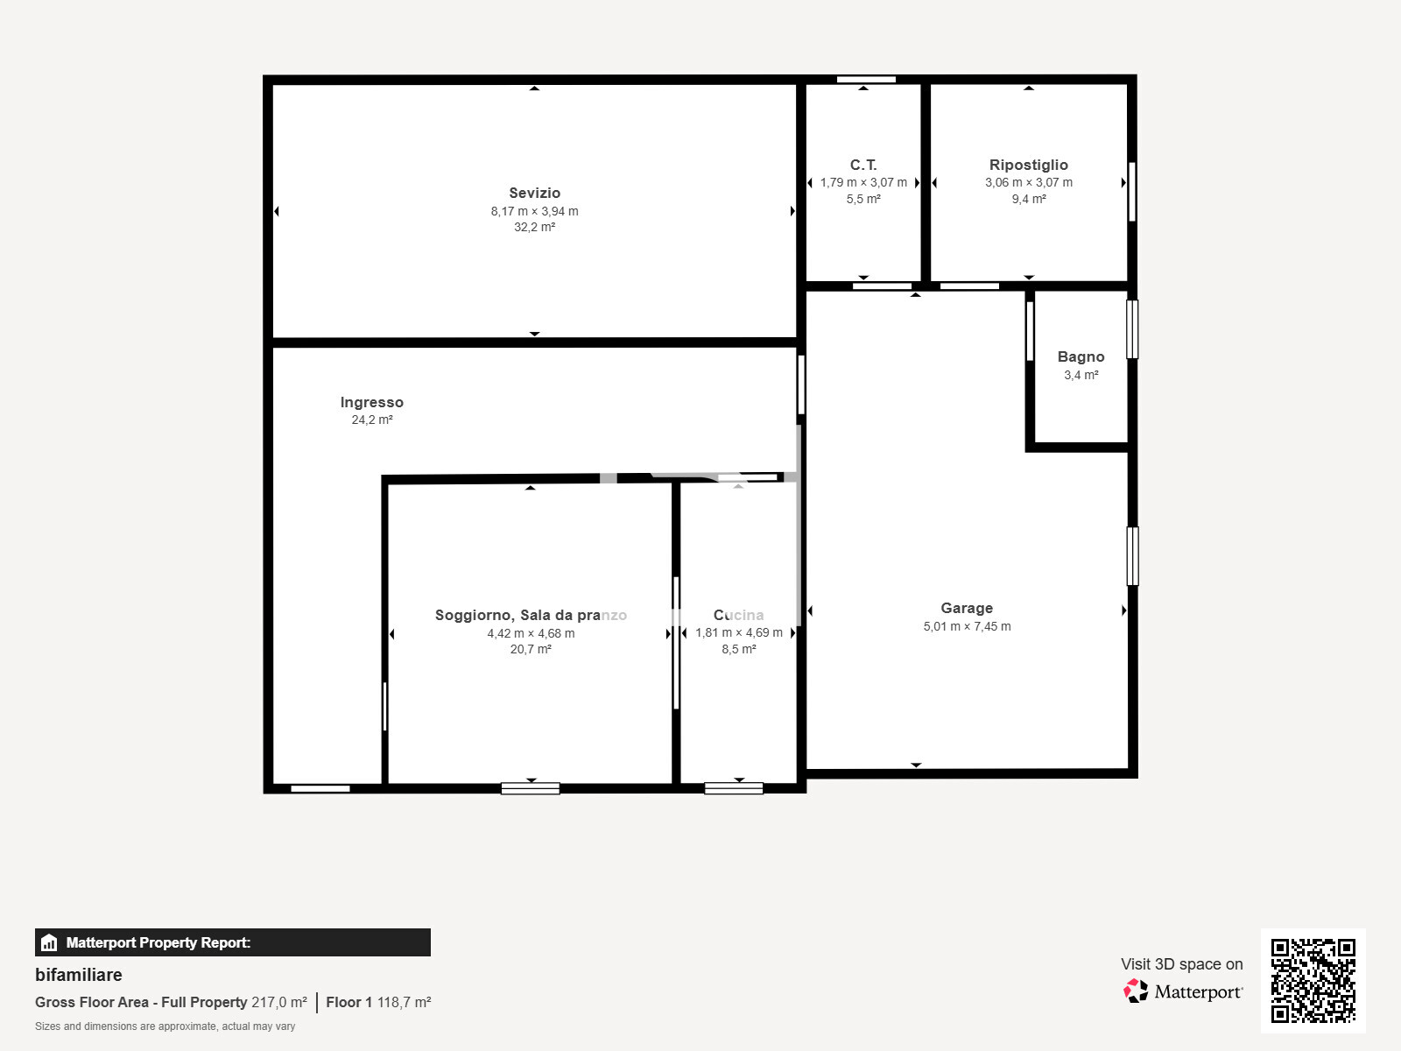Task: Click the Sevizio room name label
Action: pyautogui.click(x=534, y=193)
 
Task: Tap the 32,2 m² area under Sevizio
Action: pyautogui.click(x=534, y=227)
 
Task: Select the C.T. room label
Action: pyautogui.click(x=863, y=166)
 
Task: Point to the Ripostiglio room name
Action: pyautogui.click(x=1028, y=166)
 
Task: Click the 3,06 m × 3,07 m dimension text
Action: pyautogui.click(x=1028, y=182)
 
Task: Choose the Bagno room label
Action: pyautogui.click(x=1081, y=356)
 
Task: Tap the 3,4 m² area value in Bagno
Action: pyautogui.click(x=1081, y=375)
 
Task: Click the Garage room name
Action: pyautogui.click(x=967, y=608)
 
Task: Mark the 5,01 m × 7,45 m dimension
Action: pyautogui.click(x=967, y=626)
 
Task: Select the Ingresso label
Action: pyautogui.click(x=371, y=403)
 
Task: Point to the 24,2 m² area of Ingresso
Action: pyautogui.click(x=371, y=420)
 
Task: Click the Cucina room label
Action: pyautogui.click(x=738, y=615)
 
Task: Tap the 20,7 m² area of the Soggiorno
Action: pyautogui.click(x=531, y=650)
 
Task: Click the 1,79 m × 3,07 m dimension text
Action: pyautogui.click(x=863, y=182)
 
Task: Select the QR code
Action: pyautogui.click(x=1313, y=981)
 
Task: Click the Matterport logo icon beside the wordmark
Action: pyautogui.click(x=1136, y=991)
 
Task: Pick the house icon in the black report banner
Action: pyautogui.click(x=49, y=942)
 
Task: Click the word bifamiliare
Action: pyautogui.click(x=79, y=975)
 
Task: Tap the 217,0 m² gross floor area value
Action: pyautogui.click(x=279, y=1003)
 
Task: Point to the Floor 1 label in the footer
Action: pyautogui.click(x=348, y=1003)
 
